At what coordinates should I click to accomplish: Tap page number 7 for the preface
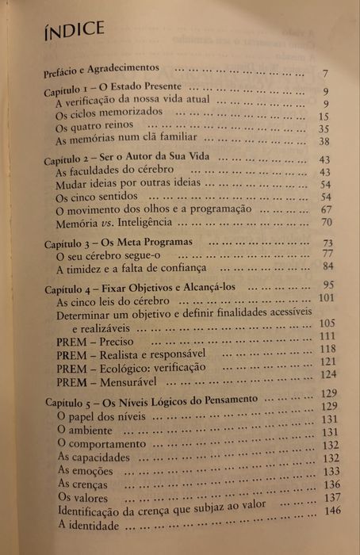(325, 75)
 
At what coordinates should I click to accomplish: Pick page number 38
(323, 141)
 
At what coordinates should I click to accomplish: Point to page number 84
(324, 266)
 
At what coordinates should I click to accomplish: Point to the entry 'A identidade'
(89, 527)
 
